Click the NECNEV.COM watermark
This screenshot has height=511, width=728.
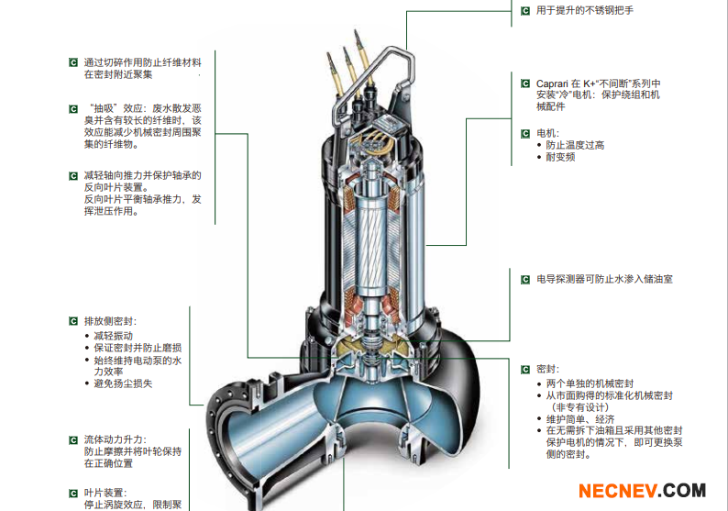(642, 491)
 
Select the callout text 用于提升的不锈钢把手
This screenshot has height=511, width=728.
(584, 10)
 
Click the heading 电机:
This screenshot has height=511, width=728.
(547, 133)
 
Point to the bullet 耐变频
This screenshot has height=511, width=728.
(560, 157)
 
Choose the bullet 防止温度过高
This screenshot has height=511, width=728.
(575, 145)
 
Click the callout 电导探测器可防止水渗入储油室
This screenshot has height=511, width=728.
(604, 279)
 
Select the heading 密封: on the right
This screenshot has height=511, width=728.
(547, 369)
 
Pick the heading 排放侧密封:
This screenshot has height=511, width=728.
(109, 321)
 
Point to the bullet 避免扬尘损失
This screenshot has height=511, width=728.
(123, 383)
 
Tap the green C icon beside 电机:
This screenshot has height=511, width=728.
(525, 133)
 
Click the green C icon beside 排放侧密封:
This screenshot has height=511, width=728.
(73, 321)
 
